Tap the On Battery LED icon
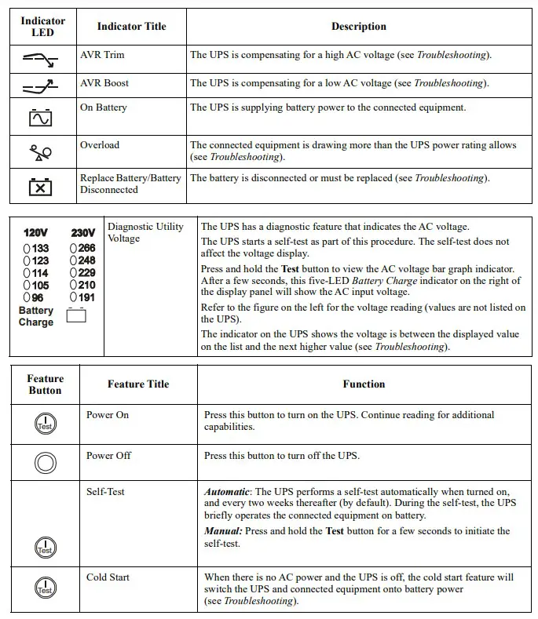pos(41,118)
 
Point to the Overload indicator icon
pos(41,153)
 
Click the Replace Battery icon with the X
pos(41,187)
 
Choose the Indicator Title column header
pos(131,27)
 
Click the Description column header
pos(358,27)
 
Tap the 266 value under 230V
pos(85,249)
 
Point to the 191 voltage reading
pos(85,298)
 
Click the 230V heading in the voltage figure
pos(83,233)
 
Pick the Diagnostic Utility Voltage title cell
pos(145,232)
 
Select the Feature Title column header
pos(138,384)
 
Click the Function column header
pos(364,384)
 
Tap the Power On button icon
pos(46,424)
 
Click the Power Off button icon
pos(46,464)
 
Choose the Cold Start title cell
pos(108,577)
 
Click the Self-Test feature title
pos(105,492)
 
